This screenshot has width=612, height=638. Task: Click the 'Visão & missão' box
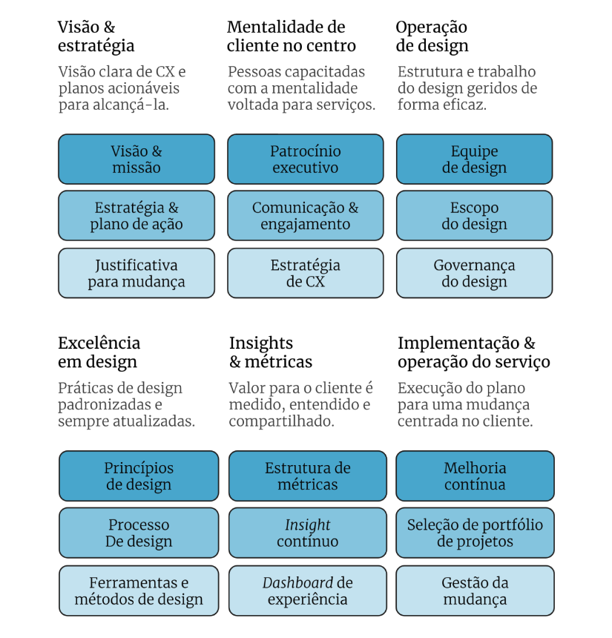click(x=136, y=159)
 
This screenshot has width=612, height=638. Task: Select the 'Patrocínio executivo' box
click(x=306, y=159)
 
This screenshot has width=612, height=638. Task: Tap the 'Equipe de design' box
click(x=475, y=159)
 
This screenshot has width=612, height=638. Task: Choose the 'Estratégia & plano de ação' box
click(x=136, y=216)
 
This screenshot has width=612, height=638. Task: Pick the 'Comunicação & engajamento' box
click(x=306, y=216)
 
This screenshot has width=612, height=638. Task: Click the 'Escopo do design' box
click(x=475, y=216)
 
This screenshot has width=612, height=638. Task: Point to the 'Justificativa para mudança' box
click(x=136, y=273)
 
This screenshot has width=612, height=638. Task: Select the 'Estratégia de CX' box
click(x=306, y=273)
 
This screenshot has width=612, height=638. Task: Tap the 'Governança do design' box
click(x=475, y=273)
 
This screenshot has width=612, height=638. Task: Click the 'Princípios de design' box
click(x=139, y=476)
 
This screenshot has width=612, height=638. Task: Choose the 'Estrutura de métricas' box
click(x=308, y=476)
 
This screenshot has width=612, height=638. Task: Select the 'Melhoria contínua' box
click(x=476, y=476)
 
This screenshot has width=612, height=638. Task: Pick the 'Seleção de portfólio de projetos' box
click(x=476, y=533)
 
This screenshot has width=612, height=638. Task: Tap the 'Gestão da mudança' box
click(x=476, y=591)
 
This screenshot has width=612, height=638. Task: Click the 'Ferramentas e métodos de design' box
click(x=139, y=591)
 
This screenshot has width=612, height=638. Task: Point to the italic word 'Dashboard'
click(x=298, y=582)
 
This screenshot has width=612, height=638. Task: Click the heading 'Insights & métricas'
click(x=271, y=352)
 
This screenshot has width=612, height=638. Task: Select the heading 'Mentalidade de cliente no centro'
click(x=292, y=36)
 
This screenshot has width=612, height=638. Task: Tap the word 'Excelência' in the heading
click(x=99, y=343)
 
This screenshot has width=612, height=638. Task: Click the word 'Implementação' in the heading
click(x=458, y=343)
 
